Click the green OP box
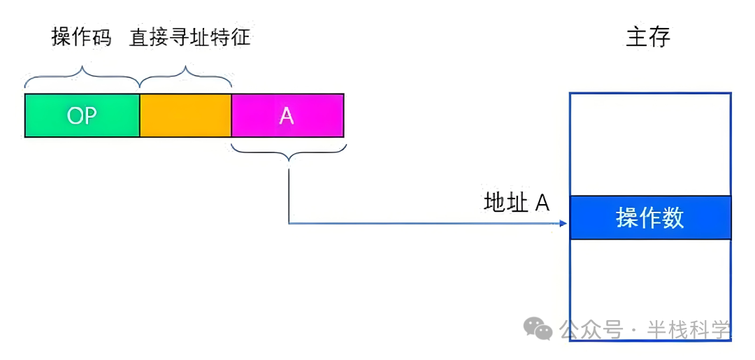pyautogui.click(x=82, y=115)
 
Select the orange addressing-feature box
pyautogui.click(x=185, y=115)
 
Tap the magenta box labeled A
pyautogui.click(x=287, y=115)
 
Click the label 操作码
pyautogui.click(x=81, y=37)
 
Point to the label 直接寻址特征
pyautogui.click(x=189, y=37)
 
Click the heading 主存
pyautogui.click(x=648, y=37)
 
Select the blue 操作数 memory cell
pyautogui.click(x=650, y=217)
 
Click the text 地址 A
pyautogui.click(x=517, y=202)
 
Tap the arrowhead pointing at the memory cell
pyautogui.click(x=563, y=224)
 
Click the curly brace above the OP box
pyautogui.click(x=82, y=75)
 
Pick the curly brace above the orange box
pyautogui.click(x=186, y=75)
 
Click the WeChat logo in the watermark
pyautogui.click(x=539, y=329)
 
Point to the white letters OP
pyautogui.click(x=82, y=116)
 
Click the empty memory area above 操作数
pyautogui.click(x=650, y=144)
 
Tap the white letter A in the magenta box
pyautogui.click(x=287, y=116)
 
